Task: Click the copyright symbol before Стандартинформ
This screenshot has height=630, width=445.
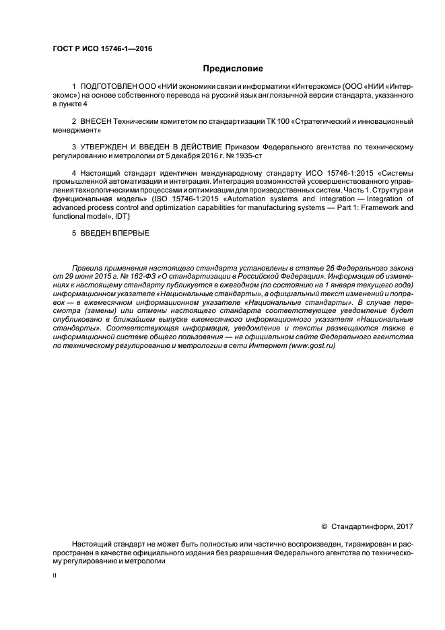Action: pos(323,525)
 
